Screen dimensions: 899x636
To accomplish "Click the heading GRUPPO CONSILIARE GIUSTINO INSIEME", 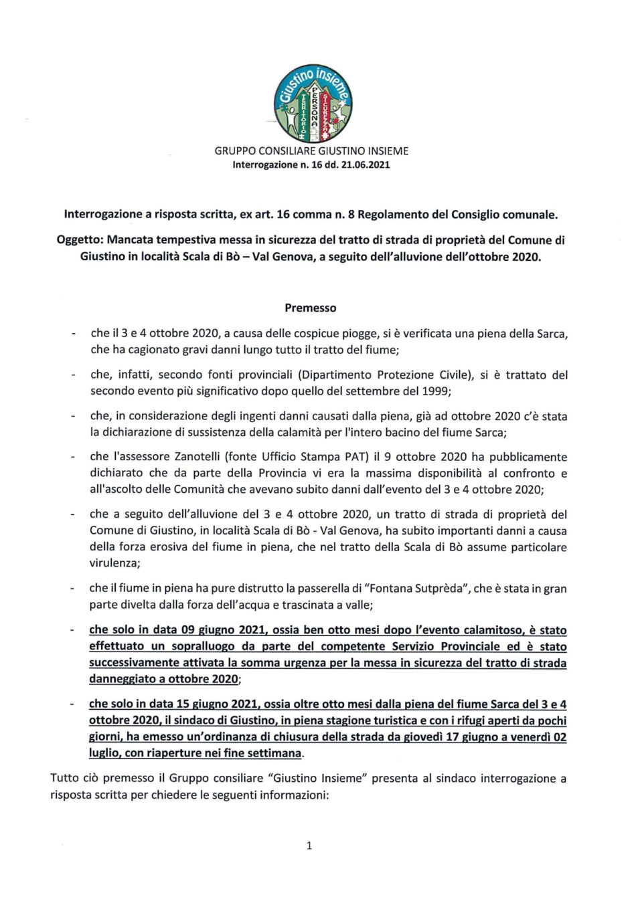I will click(311, 151).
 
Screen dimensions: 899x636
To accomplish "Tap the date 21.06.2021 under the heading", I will click(366, 165).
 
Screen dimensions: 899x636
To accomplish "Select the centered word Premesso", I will click(311, 308).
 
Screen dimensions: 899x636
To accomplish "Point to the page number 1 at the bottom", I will click(309, 845).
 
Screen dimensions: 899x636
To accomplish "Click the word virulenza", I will click(114, 563).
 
